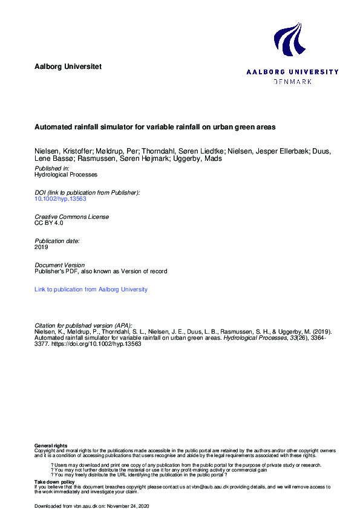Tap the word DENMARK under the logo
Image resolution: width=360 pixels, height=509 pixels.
click(293, 81)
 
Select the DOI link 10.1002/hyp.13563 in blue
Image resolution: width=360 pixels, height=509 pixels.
click(59, 198)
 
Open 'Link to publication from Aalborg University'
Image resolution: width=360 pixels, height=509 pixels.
click(91, 290)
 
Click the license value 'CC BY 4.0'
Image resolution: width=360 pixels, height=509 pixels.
click(48, 223)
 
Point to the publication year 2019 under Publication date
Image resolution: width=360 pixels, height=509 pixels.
click(41, 247)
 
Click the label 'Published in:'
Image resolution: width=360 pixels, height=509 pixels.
click(52, 168)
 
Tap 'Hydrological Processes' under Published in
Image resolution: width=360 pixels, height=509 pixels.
click(65, 174)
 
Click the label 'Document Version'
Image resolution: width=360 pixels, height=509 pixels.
click(60, 265)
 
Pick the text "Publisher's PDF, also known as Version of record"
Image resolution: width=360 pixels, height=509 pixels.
click(101, 271)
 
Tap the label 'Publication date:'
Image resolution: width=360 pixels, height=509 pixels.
click(57, 241)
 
